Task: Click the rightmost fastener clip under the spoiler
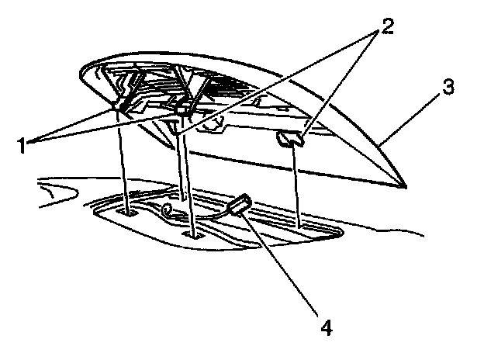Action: tap(289, 139)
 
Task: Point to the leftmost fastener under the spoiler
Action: tap(122, 106)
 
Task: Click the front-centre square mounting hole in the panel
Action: tap(192, 231)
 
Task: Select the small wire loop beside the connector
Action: tap(166, 209)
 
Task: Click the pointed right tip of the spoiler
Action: tap(403, 187)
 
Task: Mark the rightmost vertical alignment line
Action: tap(298, 186)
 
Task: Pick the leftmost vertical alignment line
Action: tap(124, 163)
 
